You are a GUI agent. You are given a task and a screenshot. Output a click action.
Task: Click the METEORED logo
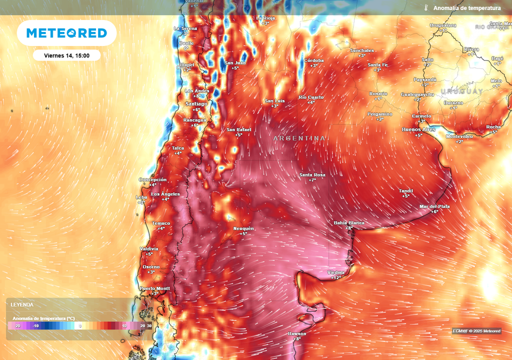66,33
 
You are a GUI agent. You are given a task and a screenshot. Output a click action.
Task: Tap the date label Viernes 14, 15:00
66,55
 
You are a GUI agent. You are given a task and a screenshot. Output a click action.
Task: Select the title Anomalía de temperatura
466,8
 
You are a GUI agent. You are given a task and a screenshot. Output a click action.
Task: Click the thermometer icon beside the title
426,8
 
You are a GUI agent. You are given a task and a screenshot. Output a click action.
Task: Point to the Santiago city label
196,103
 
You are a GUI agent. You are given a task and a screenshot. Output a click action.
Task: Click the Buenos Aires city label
418,129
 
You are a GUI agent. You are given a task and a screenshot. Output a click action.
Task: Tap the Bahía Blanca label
349,222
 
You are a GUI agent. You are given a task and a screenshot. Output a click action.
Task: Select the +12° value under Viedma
335,277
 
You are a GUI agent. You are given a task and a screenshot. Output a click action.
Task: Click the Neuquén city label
243,228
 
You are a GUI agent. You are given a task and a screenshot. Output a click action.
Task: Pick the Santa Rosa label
312,174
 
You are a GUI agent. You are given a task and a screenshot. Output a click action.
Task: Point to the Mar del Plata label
435,206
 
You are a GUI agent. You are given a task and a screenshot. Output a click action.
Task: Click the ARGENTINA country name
299,138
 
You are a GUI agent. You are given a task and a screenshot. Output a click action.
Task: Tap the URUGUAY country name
461,91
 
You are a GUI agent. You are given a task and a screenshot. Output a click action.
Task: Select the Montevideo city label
459,136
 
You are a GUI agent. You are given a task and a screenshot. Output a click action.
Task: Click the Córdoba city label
314,60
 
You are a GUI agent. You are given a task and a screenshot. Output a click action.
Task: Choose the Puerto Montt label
154,288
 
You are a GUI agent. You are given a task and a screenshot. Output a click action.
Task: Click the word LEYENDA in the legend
22,304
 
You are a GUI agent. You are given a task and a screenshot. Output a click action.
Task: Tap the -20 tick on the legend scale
17,325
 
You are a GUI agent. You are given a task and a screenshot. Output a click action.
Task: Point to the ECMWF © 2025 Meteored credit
476,331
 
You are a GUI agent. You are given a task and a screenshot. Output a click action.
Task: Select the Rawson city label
296,333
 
